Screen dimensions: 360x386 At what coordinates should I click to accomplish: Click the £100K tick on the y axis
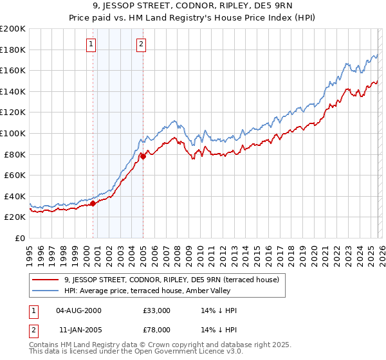click(13, 133)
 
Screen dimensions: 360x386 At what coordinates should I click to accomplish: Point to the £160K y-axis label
click(13, 70)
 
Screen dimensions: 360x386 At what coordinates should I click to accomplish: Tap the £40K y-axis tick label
click(15, 196)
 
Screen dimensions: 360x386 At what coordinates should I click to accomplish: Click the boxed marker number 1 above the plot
click(91, 44)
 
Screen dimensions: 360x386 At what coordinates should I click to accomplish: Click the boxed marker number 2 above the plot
click(141, 44)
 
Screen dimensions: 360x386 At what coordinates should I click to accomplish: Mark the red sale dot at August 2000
click(93, 203)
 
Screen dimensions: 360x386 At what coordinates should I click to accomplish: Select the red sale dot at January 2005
click(143, 156)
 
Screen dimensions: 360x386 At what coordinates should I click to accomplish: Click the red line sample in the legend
click(46, 280)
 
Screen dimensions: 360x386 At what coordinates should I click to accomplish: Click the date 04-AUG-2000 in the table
click(79, 310)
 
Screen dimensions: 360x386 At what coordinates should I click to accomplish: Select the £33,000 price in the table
click(157, 310)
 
